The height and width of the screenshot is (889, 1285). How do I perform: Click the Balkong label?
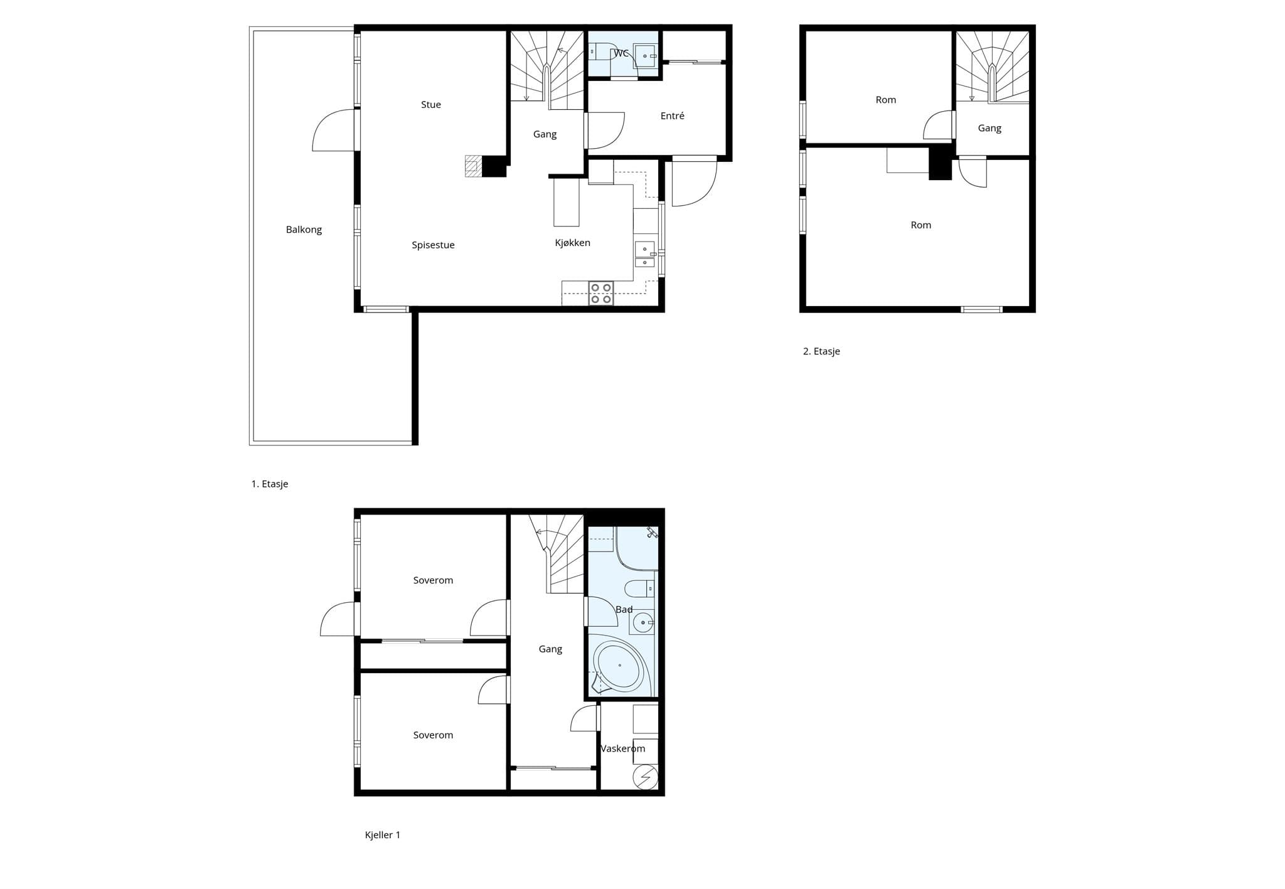(304, 230)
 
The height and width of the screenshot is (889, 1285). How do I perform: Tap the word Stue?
(431, 105)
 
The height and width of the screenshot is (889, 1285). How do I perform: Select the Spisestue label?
(433, 245)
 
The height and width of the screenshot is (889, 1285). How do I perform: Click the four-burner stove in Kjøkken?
(600, 294)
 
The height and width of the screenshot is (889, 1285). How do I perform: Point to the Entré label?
(673, 116)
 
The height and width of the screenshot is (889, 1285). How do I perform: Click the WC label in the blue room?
(621, 53)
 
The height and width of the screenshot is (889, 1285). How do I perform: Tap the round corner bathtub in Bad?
(619, 666)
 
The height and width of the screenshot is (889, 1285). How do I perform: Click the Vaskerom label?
(622, 748)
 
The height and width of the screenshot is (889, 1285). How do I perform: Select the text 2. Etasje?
(821, 351)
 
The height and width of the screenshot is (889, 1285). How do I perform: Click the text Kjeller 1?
(383, 835)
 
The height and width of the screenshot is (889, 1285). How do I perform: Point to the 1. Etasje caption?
(270, 484)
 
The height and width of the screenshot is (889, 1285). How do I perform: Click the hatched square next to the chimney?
(472, 166)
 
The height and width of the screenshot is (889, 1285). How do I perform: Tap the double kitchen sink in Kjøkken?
(644, 254)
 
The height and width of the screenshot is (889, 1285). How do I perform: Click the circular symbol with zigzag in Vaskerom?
(645, 778)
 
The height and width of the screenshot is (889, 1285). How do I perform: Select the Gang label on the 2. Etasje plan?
(989, 129)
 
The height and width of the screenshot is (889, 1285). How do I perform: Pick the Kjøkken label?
(573, 243)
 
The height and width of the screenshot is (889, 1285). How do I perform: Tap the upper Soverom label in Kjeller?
(433, 580)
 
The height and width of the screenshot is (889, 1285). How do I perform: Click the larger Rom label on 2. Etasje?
(921, 225)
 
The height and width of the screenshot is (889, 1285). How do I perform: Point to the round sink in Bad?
(642, 623)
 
